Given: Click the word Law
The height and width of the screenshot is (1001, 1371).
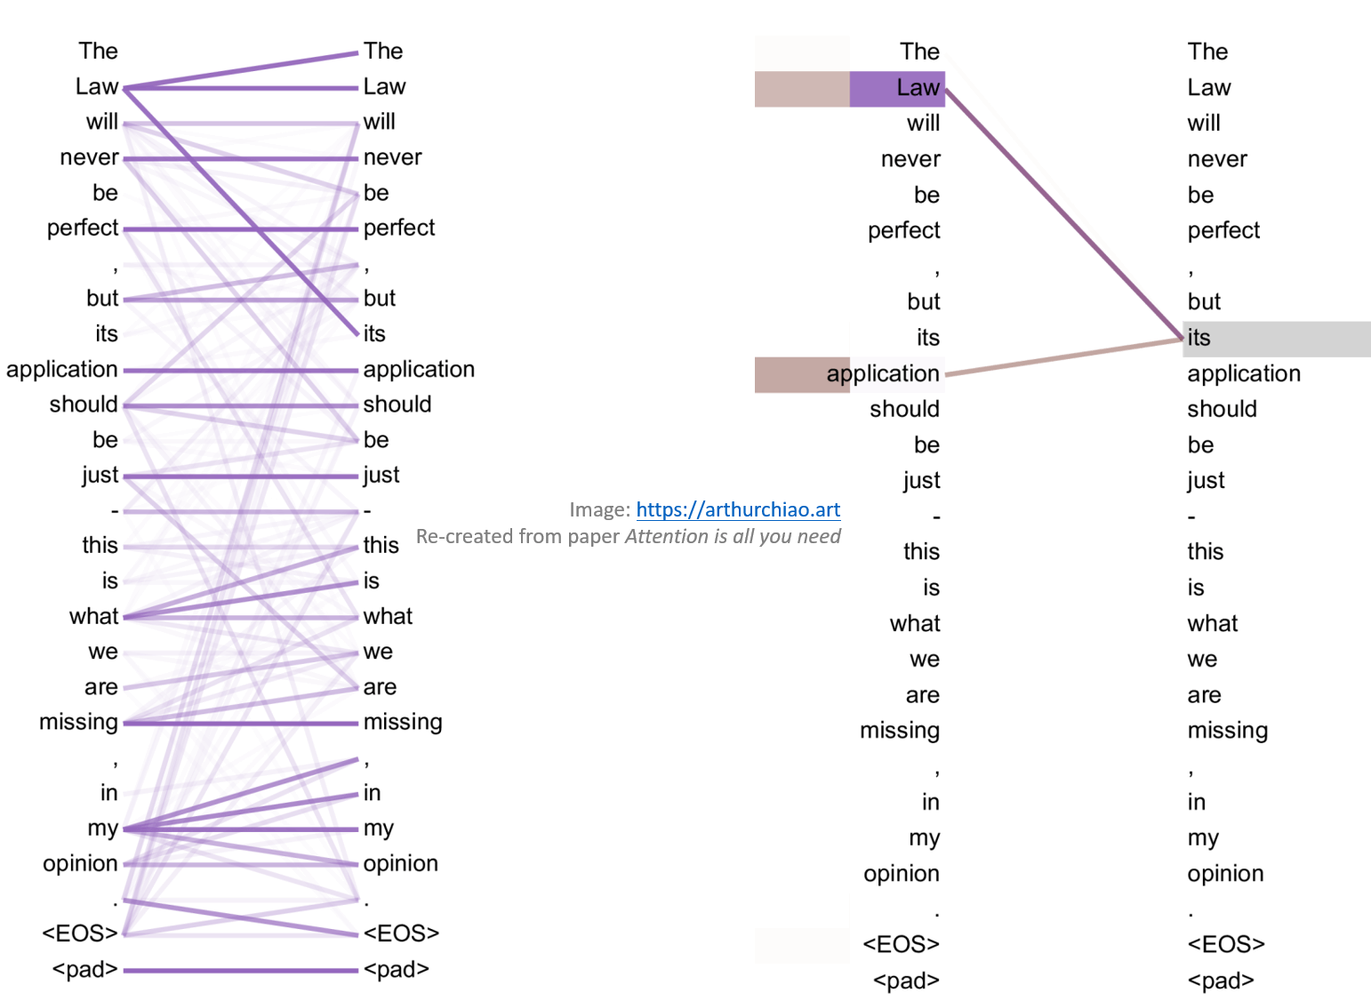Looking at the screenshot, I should point(918,88).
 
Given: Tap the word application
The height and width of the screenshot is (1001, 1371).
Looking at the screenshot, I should point(883,373).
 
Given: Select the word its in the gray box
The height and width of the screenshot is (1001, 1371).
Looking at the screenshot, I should point(1199,338).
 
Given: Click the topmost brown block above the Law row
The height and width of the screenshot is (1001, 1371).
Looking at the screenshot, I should point(802,52).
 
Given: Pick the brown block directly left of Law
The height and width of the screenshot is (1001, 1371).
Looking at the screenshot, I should point(802,90).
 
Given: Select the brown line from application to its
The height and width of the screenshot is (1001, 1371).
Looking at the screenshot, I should point(1062,356).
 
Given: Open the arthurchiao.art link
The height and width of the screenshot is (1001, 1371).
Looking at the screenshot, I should point(738,509).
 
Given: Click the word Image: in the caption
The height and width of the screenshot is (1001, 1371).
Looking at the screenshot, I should point(599,509).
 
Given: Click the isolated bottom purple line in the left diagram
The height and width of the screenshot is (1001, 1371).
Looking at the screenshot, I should point(240,970).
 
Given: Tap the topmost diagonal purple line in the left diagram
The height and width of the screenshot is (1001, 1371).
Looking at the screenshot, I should point(240,71).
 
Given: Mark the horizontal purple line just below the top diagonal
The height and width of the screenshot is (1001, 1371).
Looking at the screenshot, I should point(240,88).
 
